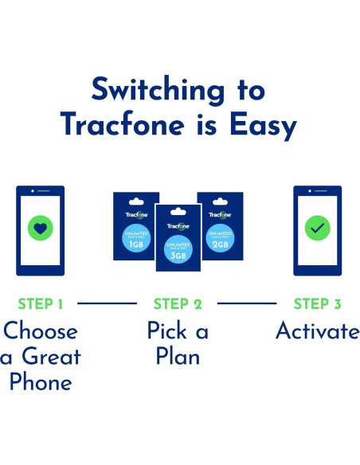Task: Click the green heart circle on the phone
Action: tap(40, 229)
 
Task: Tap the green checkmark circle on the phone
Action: tap(317, 229)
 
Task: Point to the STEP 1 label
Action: tap(40, 303)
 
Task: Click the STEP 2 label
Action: tap(178, 303)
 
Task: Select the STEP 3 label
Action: tap(318, 303)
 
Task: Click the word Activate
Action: tap(317, 331)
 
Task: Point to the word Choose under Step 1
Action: tap(40, 331)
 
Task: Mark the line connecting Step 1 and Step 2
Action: tap(107, 303)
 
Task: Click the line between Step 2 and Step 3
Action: tap(247, 303)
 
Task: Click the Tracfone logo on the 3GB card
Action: tap(178, 226)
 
